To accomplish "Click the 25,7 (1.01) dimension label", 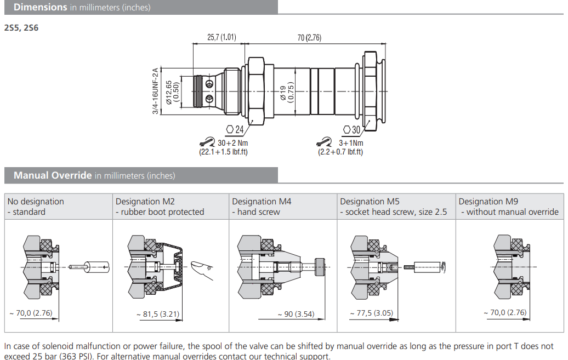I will click(x=221, y=37).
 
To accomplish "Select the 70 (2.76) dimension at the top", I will click(x=309, y=37).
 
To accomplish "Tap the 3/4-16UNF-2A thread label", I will click(x=156, y=91).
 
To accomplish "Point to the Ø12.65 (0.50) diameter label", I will click(x=172, y=91).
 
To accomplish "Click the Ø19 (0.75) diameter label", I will click(x=287, y=92).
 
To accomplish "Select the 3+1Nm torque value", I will click(x=346, y=143).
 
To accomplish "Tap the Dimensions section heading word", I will click(x=41, y=7).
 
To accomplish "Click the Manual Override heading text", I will click(x=53, y=175).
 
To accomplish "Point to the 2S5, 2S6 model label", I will click(x=21, y=27).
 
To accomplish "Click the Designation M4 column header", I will click(x=262, y=202).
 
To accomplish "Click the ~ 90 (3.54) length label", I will click(x=296, y=314).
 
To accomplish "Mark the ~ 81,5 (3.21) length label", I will click(x=158, y=314).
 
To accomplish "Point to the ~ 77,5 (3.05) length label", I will click(x=371, y=314).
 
